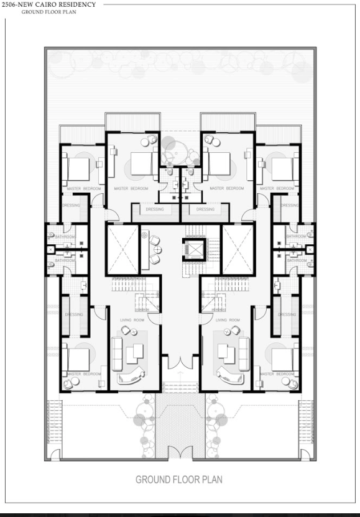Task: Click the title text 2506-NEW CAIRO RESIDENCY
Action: (x=48, y=4)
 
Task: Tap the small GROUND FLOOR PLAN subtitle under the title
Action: (x=48, y=11)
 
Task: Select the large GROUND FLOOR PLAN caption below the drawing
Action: (x=178, y=479)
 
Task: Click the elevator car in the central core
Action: (x=193, y=248)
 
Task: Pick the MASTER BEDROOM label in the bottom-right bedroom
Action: (x=277, y=373)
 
